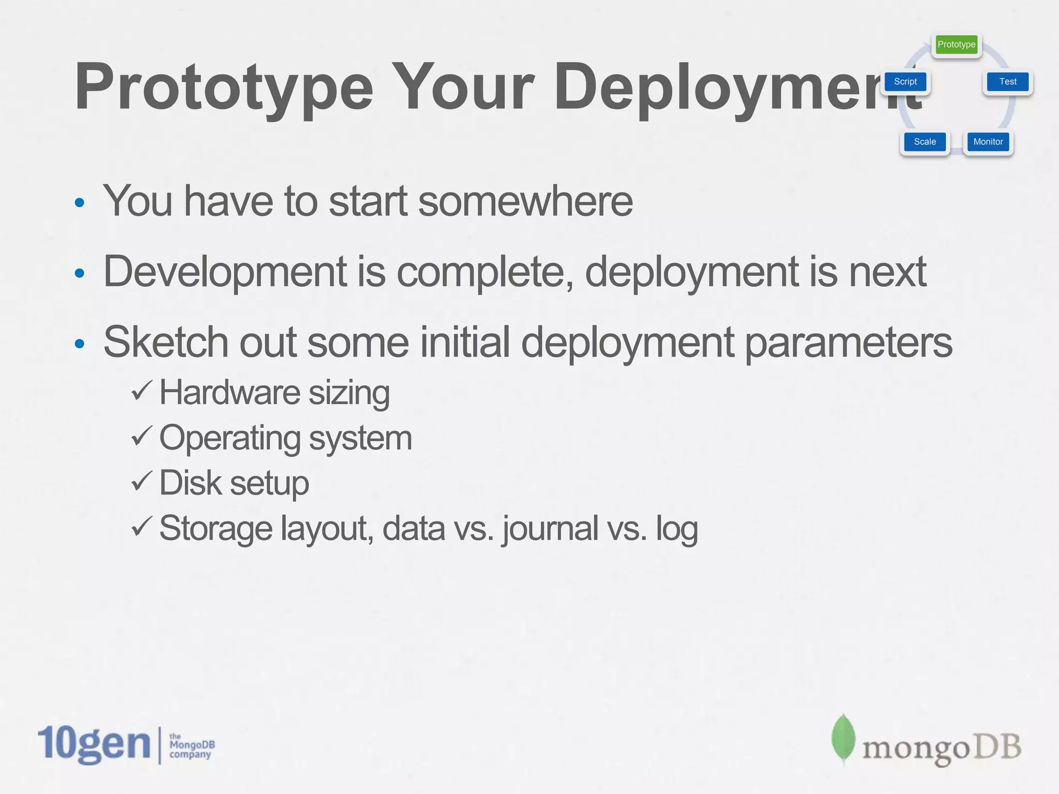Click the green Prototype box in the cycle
[956, 44]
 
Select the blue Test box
[1007, 82]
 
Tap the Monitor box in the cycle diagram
[988, 142]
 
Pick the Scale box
[925, 142]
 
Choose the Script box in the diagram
[905, 82]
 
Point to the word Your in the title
[463, 87]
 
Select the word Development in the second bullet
[225, 272]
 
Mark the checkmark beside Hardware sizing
[141, 391]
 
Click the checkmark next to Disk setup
[141, 481]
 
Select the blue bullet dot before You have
[79, 202]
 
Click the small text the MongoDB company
[191, 745]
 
